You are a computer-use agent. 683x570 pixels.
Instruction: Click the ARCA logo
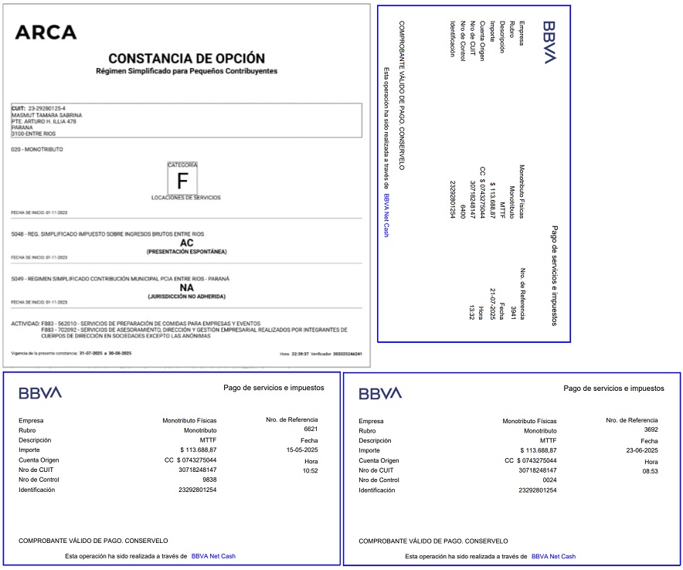[x=46, y=32]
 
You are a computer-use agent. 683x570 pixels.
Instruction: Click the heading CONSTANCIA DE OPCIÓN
[x=186, y=58]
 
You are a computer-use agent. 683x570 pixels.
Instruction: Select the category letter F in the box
[x=183, y=182]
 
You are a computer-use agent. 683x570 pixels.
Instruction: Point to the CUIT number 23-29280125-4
[x=46, y=107]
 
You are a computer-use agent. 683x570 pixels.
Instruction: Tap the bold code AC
[x=186, y=243]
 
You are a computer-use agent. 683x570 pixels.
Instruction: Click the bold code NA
[x=186, y=287]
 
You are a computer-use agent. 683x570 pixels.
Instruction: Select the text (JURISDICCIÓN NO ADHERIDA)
[x=186, y=297]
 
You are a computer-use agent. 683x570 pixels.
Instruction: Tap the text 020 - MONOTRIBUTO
[x=37, y=148]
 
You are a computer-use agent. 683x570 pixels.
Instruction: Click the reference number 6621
[x=311, y=428]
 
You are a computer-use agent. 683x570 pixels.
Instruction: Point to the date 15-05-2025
[x=309, y=450]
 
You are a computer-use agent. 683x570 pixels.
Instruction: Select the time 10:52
[x=310, y=470]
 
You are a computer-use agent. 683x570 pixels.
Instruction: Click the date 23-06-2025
[x=641, y=450]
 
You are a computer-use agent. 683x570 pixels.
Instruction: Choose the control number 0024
[x=549, y=480]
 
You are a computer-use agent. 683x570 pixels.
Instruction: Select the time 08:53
[x=651, y=470]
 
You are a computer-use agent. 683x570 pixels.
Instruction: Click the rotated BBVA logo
[x=549, y=42]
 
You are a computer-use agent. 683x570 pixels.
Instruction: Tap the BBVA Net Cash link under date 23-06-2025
[x=553, y=556]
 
